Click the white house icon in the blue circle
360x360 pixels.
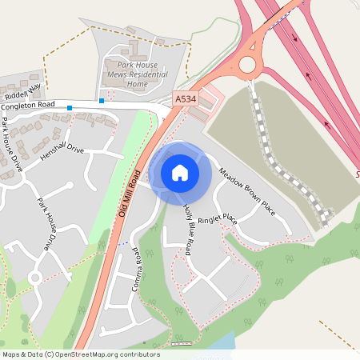pos(180,172)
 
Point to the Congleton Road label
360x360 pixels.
pos(28,105)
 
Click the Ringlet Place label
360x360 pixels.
pos(218,218)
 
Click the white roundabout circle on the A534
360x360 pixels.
pos(247,64)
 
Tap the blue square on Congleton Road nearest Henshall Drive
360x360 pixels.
pos(70,107)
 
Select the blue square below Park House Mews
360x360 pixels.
pos(101,101)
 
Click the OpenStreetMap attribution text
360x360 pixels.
pos(81,354)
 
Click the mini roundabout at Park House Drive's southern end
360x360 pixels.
pos(34,278)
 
